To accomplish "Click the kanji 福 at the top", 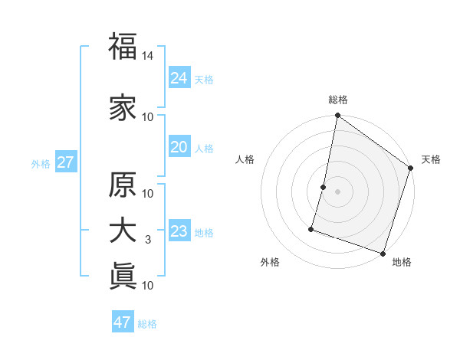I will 123,47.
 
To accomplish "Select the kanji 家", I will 123,107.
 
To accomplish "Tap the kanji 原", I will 123,185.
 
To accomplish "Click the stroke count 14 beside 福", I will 148,56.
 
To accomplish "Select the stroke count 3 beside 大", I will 148,241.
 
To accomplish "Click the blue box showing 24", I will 179,77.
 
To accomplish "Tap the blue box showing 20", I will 179,147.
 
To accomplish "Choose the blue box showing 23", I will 179,231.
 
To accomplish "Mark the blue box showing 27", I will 65,162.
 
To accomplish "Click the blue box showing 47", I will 123,322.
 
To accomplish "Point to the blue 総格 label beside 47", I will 147,323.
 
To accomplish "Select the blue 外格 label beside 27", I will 41,163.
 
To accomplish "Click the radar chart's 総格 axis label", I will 338,100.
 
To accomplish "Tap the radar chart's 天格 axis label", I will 431,159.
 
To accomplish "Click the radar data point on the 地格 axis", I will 383,253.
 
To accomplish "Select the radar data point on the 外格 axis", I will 312,228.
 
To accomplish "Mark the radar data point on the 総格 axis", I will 337,116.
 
